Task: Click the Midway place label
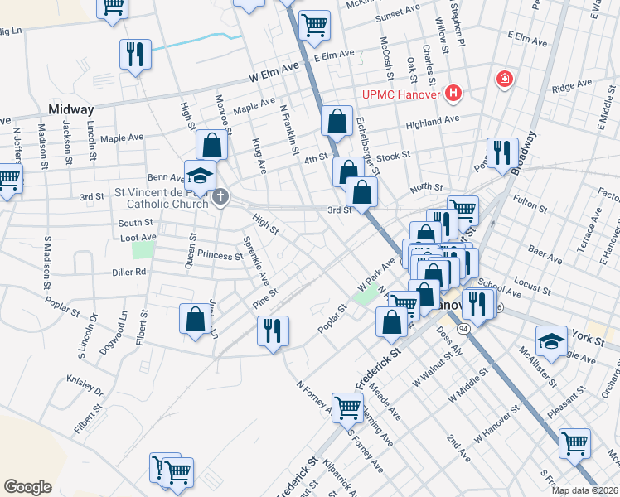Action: pos(70,109)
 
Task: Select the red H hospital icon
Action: pos(453,93)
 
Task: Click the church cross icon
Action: pos(220,197)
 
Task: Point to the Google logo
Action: pos(27,487)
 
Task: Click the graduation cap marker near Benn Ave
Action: pos(200,175)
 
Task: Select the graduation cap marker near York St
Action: pos(551,340)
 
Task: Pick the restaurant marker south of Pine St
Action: pos(273,330)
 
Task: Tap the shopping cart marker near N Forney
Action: pos(346,407)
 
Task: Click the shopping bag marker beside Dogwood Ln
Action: pos(195,319)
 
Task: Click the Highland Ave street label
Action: pos(432,120)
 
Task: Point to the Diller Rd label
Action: pos(129,271)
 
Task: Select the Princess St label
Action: pos(214,256)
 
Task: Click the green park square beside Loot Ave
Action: pos(143,249)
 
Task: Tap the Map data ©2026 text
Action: pos(585,490)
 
